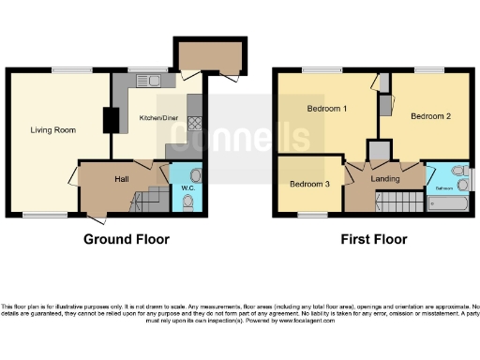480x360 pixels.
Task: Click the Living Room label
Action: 52,129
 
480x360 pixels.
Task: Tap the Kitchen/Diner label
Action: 157,118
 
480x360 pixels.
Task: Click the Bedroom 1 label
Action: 327,109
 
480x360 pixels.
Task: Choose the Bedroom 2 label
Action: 430,116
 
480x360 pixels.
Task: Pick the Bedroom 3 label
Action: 308,184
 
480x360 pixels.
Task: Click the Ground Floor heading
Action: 127,240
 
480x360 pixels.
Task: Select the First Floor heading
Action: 375,240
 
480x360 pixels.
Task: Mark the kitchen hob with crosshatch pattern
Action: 196,122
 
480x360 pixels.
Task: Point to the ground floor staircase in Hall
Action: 145,200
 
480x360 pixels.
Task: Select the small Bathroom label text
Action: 442,188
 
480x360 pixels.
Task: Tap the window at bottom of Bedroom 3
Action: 312,216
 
